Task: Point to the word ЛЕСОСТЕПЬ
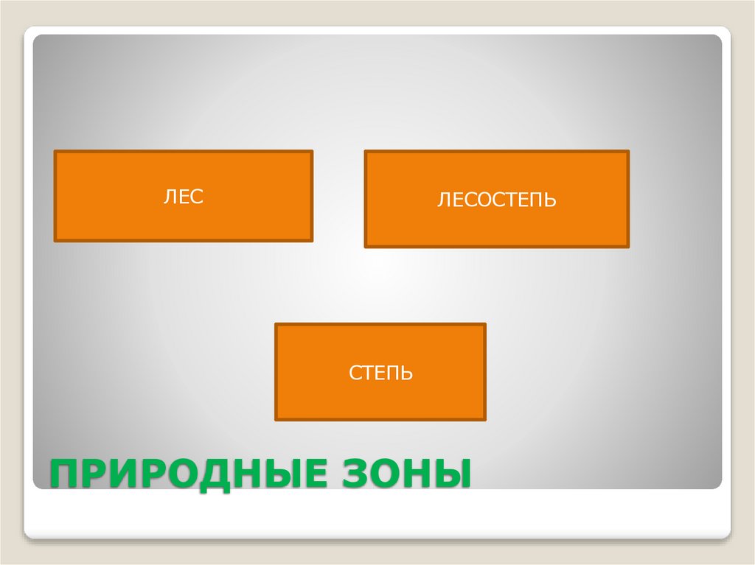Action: pyautogui.click(x=496, y=200)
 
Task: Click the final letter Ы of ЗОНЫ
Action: pyautogui.click(x=452, y=472)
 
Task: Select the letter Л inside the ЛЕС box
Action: pyautogui.click(x=170, y=197)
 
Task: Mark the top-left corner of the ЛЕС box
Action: pyautogui.click(x=55, y=151)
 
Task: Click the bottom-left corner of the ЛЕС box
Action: pyautogui.click(x=55, y=241)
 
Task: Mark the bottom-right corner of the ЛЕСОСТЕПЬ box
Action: pyautogui.click(x=629, y=247)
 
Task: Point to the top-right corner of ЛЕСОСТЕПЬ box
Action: pyautogui.click(x=629, y=152)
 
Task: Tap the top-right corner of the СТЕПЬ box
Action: pyautogui.click(x=485, y=323)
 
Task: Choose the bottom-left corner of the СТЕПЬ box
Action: pyautogui.click(x=276, y=420)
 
